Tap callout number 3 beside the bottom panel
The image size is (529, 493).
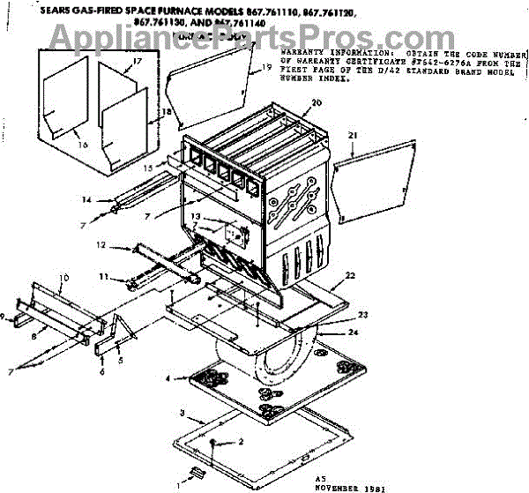[x=182, y=412]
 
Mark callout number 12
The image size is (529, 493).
[x=101, y=244]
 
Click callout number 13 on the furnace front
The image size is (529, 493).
[x=196, y=217]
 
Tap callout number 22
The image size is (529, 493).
[x=351, y=276]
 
